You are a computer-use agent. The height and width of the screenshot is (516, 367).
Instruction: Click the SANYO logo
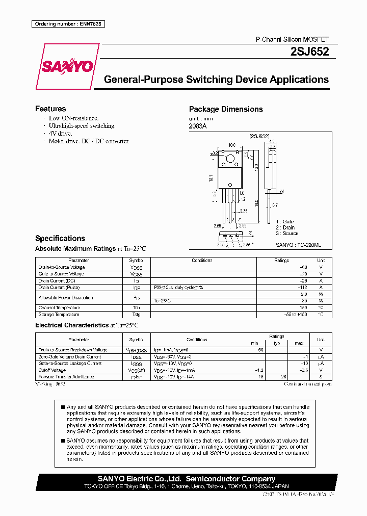67,66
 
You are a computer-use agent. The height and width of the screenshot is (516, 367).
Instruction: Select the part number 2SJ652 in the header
309,51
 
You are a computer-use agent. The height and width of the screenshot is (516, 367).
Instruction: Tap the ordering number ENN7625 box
68,24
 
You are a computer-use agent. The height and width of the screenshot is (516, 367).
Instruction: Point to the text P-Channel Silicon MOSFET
292,39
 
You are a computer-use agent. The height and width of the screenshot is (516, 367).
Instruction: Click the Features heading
50,109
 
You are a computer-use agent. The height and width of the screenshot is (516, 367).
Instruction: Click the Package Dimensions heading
226,109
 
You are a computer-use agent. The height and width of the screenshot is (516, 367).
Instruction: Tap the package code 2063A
198,126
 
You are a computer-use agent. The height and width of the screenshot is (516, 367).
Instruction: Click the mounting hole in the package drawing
229,162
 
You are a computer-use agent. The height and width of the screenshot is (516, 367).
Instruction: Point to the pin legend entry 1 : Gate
284,222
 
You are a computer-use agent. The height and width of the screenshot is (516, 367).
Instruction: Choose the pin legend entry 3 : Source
287,233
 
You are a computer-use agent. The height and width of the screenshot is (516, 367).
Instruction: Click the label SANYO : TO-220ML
298,245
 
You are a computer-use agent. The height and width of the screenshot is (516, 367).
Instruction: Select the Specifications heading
60,238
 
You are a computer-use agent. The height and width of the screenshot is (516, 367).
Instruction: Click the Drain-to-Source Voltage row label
62,267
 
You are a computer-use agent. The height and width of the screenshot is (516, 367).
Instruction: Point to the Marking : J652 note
53,383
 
